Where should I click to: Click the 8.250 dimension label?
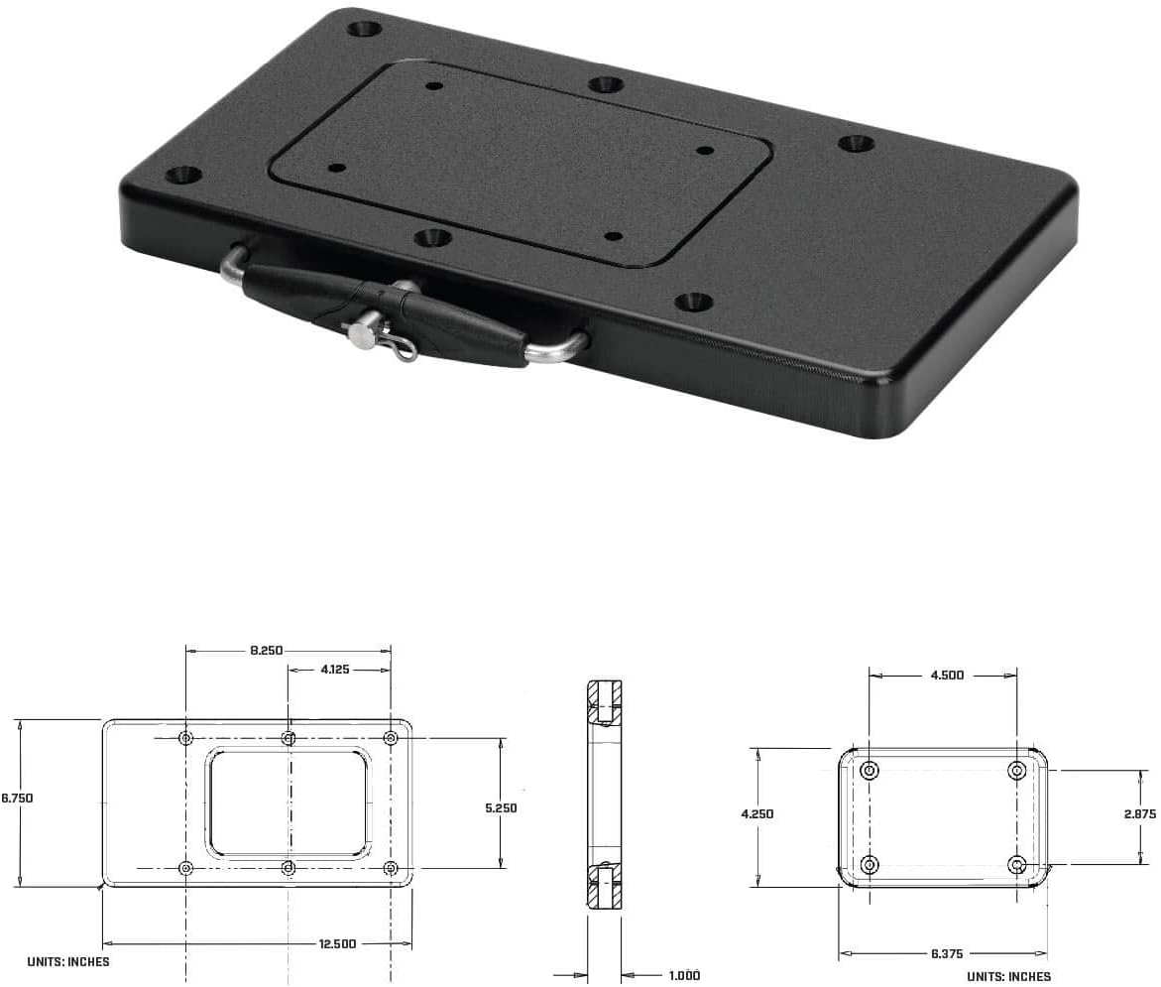[266, 651]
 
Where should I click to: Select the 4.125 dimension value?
[334, 670]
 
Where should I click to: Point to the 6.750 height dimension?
[17, 798]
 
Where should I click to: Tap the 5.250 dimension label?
[501, 807]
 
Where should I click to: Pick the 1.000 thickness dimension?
[684, 976]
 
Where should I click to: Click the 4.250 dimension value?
[757, 813]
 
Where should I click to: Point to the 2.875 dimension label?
[1139, 813]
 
